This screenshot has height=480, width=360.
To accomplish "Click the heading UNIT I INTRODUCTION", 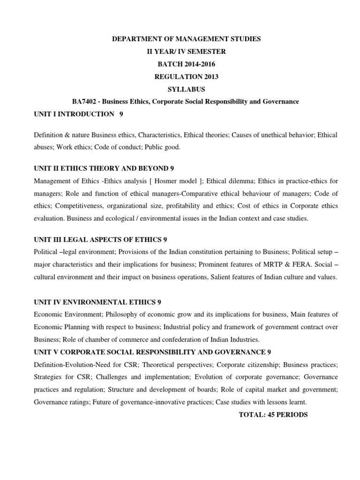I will (x=74, y=114).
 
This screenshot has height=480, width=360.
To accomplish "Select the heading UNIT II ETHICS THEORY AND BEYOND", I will (x=101, y=168).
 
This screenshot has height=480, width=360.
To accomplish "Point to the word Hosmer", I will (x=162, y=181).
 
